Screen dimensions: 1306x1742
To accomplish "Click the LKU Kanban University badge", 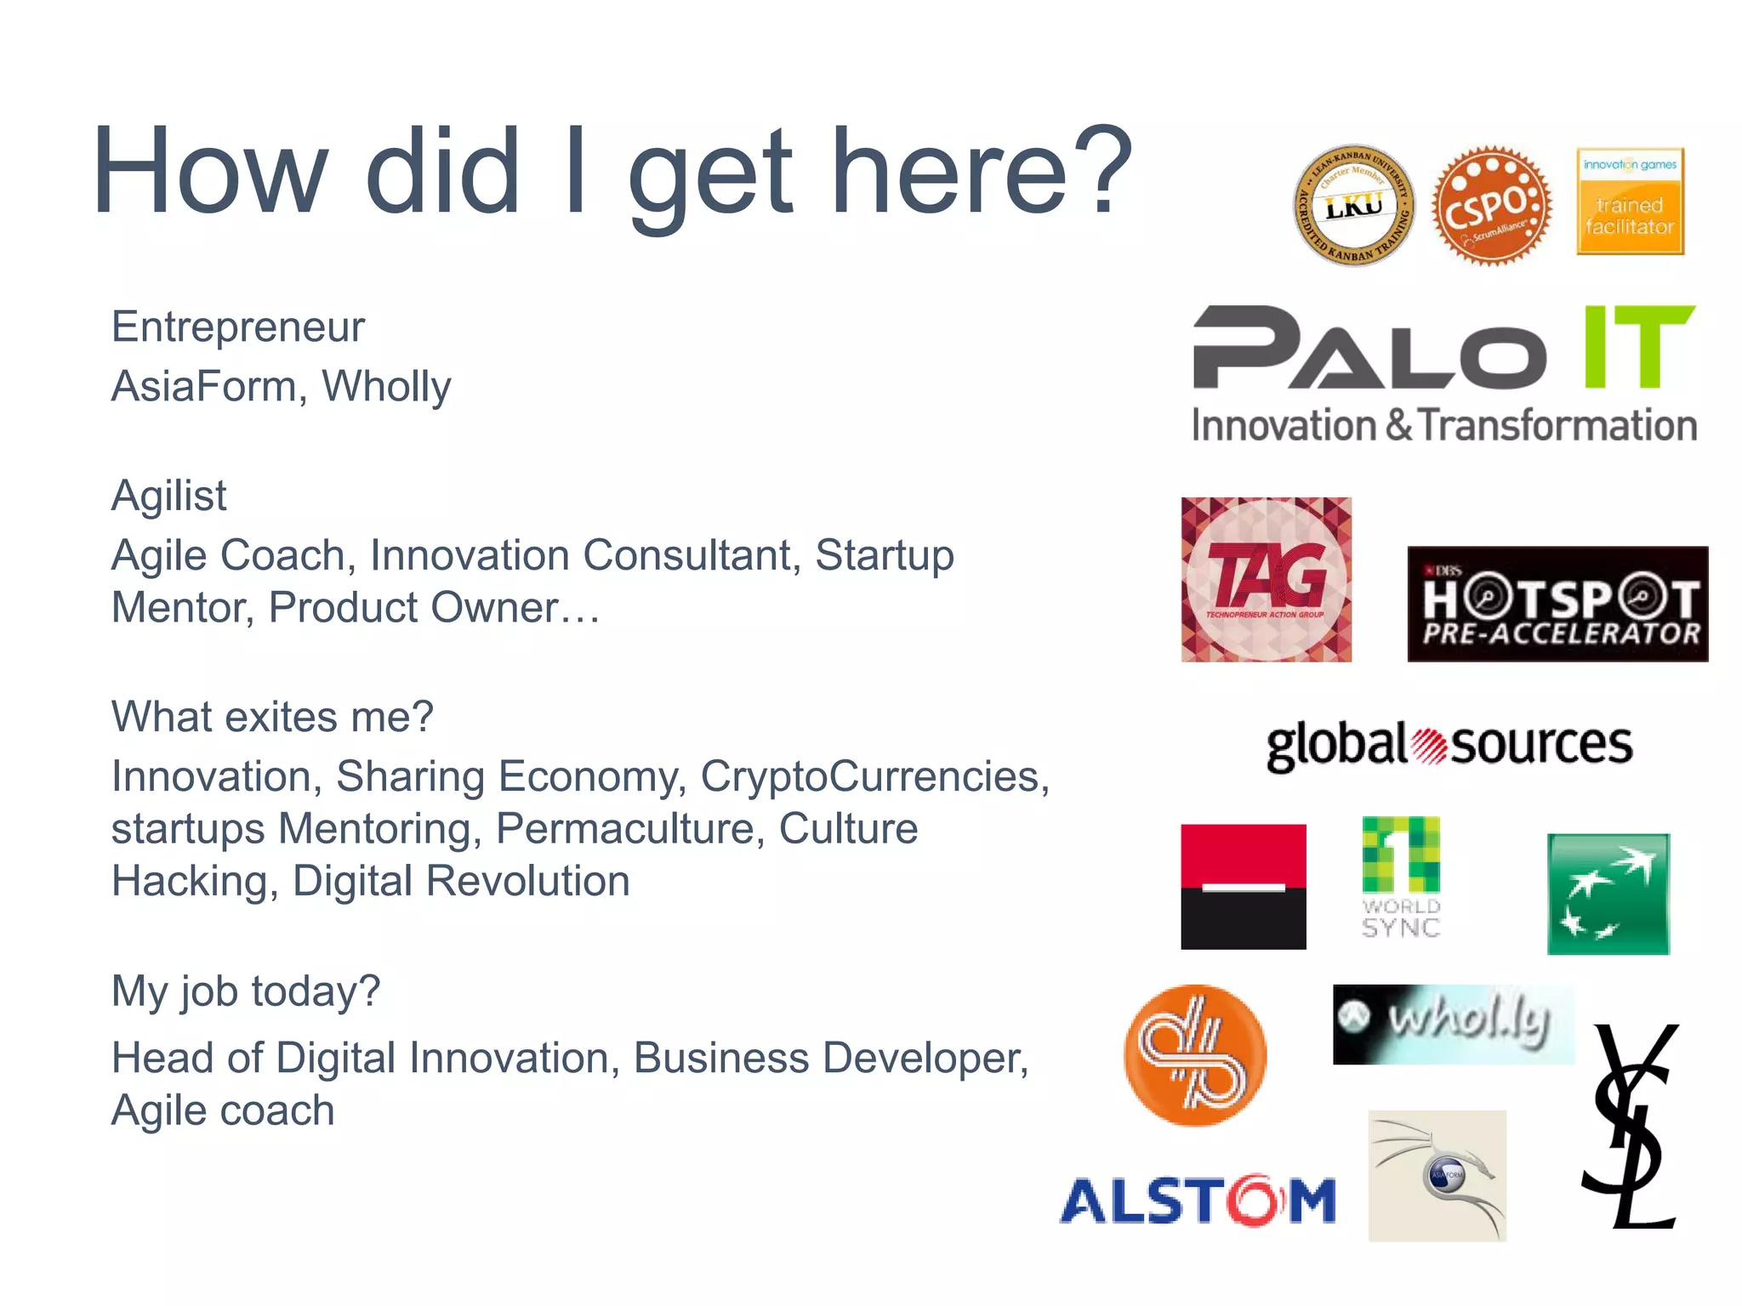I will pos(1353,206).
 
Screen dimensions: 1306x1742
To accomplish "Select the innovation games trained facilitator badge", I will pos(1630,202).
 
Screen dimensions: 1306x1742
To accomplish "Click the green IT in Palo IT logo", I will pos(1638,347).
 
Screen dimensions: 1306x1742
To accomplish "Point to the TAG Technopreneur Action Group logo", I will pos(1266,580).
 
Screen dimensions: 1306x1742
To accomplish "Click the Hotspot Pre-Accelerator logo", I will pos(1557,604).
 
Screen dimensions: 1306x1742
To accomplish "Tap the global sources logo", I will pos(1449,746).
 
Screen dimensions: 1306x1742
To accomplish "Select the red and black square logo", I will pos(1243,886).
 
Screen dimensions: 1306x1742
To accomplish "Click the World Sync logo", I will pos(1401,877).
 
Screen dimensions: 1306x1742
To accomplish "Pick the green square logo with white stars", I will pos(1608,894).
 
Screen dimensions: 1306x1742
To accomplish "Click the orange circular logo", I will pos(1194,1055).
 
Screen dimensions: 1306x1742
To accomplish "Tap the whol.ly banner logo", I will pos(1453,1024).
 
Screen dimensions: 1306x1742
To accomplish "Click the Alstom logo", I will pos(1198,1201).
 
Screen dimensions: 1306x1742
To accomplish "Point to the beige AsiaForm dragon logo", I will pos(1437,1175).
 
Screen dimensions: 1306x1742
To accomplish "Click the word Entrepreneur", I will pos(237,327).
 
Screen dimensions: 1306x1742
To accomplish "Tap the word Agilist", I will pos(168,496).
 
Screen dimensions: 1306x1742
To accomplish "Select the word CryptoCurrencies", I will pos(874,776).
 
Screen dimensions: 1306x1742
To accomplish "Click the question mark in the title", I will pos(1103,170).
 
